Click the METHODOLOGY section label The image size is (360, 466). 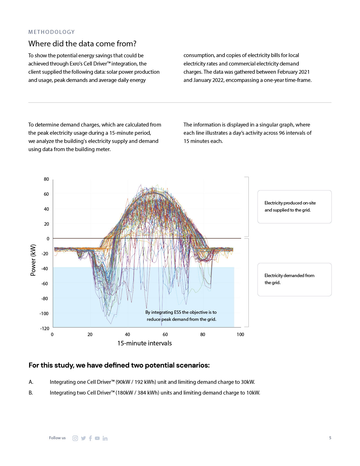coord(51,32)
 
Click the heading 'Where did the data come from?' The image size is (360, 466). coord(82,44)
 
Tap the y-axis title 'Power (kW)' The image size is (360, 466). coord(33,260)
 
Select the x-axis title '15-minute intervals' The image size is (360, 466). coord(144,343)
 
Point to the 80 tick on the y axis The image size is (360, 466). coord(46,179)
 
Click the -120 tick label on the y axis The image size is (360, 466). coord(45,328)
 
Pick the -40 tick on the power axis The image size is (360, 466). coord(45,269)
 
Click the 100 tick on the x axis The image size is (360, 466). coord(240,334)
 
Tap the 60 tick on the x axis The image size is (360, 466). coord(165,334)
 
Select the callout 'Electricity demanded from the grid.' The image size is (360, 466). coord(294,279)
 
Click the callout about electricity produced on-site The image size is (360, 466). coord(294,206)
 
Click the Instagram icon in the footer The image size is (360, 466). coord(75,438)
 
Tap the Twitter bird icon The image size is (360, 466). coord(83,438)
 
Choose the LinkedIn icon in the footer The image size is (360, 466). coord(105,438)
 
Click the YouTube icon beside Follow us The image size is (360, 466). coord(97,438)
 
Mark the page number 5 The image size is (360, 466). coord(330,438)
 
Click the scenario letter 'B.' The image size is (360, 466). coord(31,393)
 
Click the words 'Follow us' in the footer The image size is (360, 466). coord(57,438)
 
